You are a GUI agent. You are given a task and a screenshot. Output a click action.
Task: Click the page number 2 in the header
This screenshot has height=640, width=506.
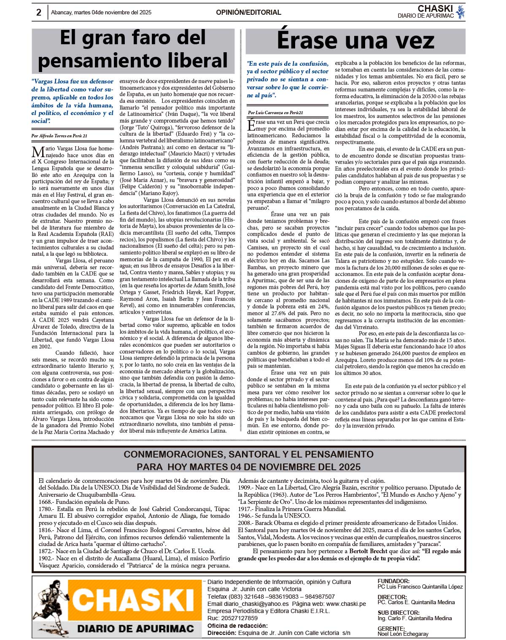point(39,13)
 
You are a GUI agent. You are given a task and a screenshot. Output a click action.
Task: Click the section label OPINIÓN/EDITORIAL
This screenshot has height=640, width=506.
point(248,13)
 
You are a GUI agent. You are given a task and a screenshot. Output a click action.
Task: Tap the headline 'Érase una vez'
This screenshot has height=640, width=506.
point(355,40)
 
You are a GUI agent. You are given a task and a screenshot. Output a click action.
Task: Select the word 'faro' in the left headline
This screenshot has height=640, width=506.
point(132,38)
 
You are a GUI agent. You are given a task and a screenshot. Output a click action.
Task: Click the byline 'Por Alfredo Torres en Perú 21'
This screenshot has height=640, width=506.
point(59,136)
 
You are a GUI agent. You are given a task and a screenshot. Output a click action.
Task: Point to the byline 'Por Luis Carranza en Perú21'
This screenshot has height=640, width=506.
point(275,112)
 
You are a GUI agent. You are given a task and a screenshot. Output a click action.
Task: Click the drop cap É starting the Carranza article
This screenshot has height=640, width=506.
point(251,125)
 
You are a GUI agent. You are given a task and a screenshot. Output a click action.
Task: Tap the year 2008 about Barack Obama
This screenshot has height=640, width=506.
point(245,523)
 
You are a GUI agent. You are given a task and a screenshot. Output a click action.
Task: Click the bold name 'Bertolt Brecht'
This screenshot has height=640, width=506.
point(368,551)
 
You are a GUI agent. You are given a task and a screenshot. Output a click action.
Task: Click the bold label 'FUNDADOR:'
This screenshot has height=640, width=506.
point(393,581)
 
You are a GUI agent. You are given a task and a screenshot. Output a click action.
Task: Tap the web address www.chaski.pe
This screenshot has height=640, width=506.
point(346,604)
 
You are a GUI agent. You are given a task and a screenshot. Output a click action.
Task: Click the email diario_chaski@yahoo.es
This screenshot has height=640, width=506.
point(256,604)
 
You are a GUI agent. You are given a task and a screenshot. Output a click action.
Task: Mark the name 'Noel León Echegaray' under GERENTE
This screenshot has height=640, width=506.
point(403,634)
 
